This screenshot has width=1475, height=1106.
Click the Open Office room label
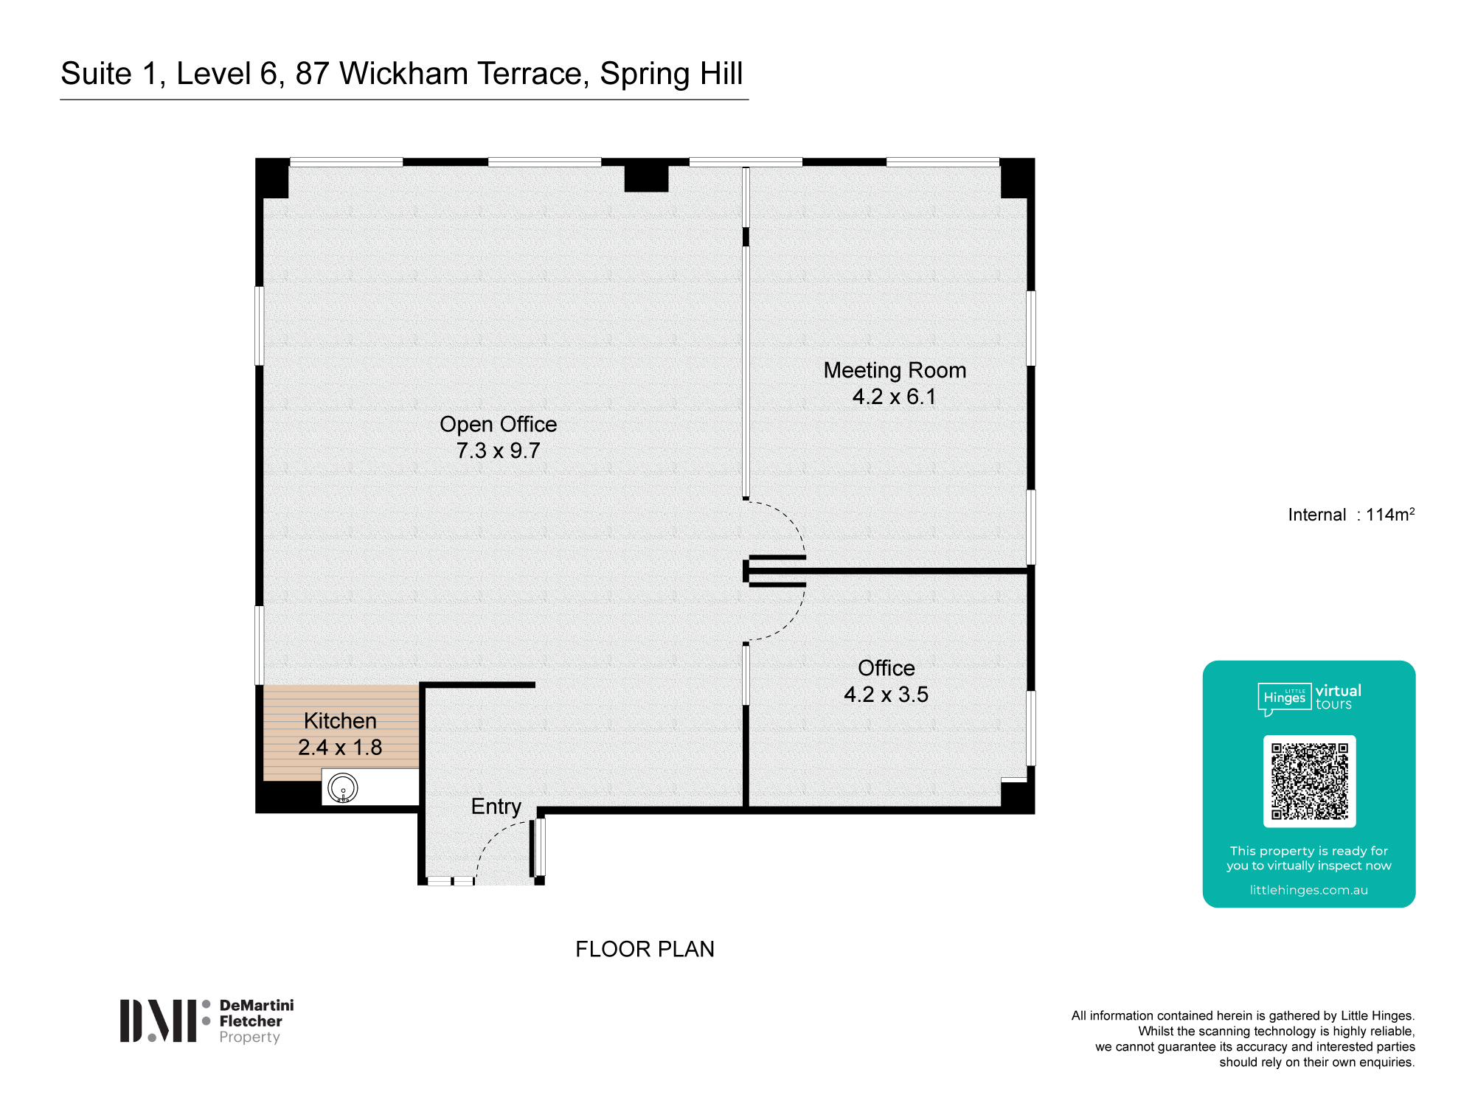(x=498, y=425)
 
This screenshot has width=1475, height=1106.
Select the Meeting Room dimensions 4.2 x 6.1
(x=894, y=397)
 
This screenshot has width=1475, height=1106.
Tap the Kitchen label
(x=340, y=720)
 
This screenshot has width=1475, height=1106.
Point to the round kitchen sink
(x=343, y=787)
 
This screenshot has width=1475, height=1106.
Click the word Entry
(x=496, y=807)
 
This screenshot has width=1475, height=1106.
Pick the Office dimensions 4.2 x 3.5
(x=886, y=695)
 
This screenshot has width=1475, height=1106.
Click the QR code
(x=1309, y=781)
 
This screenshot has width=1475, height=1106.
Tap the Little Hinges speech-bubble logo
(x=1284, y=698)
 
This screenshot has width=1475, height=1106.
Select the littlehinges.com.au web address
(x=1308, y=890)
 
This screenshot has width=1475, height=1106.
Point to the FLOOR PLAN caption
(x=645, y=949)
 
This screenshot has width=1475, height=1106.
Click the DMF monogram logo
(x=159, y=1021)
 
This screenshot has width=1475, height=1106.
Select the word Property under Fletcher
(x=249, y=1037)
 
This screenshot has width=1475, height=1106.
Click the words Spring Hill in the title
(x=671, y=74)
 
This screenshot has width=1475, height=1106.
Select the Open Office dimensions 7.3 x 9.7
(x=498, y=451)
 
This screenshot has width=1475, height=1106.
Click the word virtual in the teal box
(x=1339, y=691)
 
